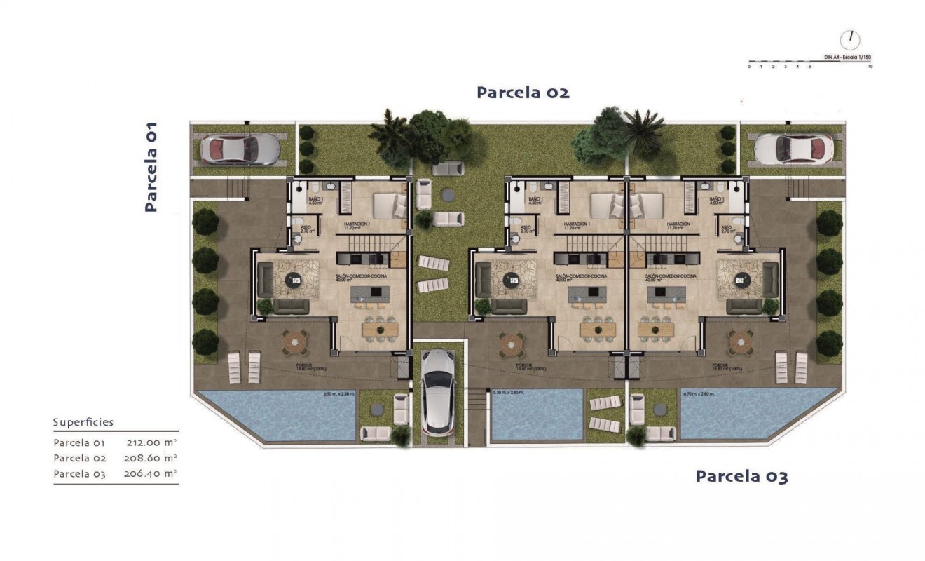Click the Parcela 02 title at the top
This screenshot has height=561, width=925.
click(523, 93)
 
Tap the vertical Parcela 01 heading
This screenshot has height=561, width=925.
click(150, 168)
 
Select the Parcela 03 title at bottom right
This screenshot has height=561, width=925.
click(741, 477)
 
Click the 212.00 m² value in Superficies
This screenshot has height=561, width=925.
click(152, 442)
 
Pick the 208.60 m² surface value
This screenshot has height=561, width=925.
click(152, 458)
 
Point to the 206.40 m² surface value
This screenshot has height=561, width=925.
click(152, 474)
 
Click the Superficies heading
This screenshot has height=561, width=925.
click(83, 422)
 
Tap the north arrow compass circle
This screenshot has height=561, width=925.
click(850, 39)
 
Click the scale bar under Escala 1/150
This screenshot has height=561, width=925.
click(810, 62)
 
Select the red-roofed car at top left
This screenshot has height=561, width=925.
click(240, 148)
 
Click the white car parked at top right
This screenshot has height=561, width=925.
click(793, 148)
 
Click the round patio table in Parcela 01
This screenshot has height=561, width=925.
click(294, 342)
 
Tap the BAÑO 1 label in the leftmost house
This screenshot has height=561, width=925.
click(315, 201)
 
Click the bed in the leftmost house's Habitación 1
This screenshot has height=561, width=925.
click(388, 206)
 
